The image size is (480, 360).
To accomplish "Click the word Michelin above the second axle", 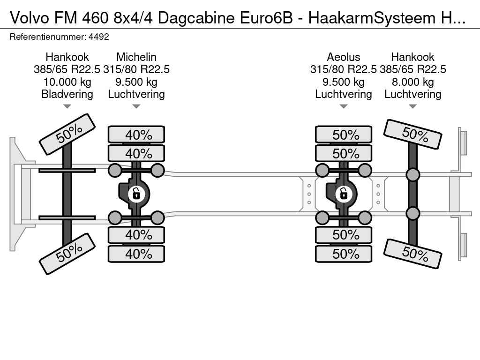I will (x=136, y=57).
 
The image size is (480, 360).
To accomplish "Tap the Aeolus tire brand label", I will (x=344, y=57).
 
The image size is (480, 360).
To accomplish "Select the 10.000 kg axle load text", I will (x=67, y=82).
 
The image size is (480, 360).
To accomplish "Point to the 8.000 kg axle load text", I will (x=413, y=82).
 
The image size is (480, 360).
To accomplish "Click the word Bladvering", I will (x=67, y=94).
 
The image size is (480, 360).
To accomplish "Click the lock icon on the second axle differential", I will (x=136, y=193).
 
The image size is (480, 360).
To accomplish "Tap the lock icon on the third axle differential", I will (x=344, y=193).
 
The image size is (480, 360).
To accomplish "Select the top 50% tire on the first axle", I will (x=67, y=134).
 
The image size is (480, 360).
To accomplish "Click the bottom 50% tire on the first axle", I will (x=67, y=253).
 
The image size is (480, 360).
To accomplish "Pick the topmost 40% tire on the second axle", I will (x=136, y=135).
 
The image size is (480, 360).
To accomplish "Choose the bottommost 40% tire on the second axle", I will (x=136, y=254).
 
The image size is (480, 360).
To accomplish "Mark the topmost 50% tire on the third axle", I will (x=344, y=135).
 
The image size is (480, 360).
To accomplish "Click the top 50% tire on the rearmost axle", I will (x=413, y=134).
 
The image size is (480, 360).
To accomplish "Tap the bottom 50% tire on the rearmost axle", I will (x=413, y=254).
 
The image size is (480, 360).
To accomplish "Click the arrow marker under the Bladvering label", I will (x=67, y=106).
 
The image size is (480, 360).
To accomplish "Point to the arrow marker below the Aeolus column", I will (x=344, y=106).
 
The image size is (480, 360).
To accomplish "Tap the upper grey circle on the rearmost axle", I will (x=412, y=175).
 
